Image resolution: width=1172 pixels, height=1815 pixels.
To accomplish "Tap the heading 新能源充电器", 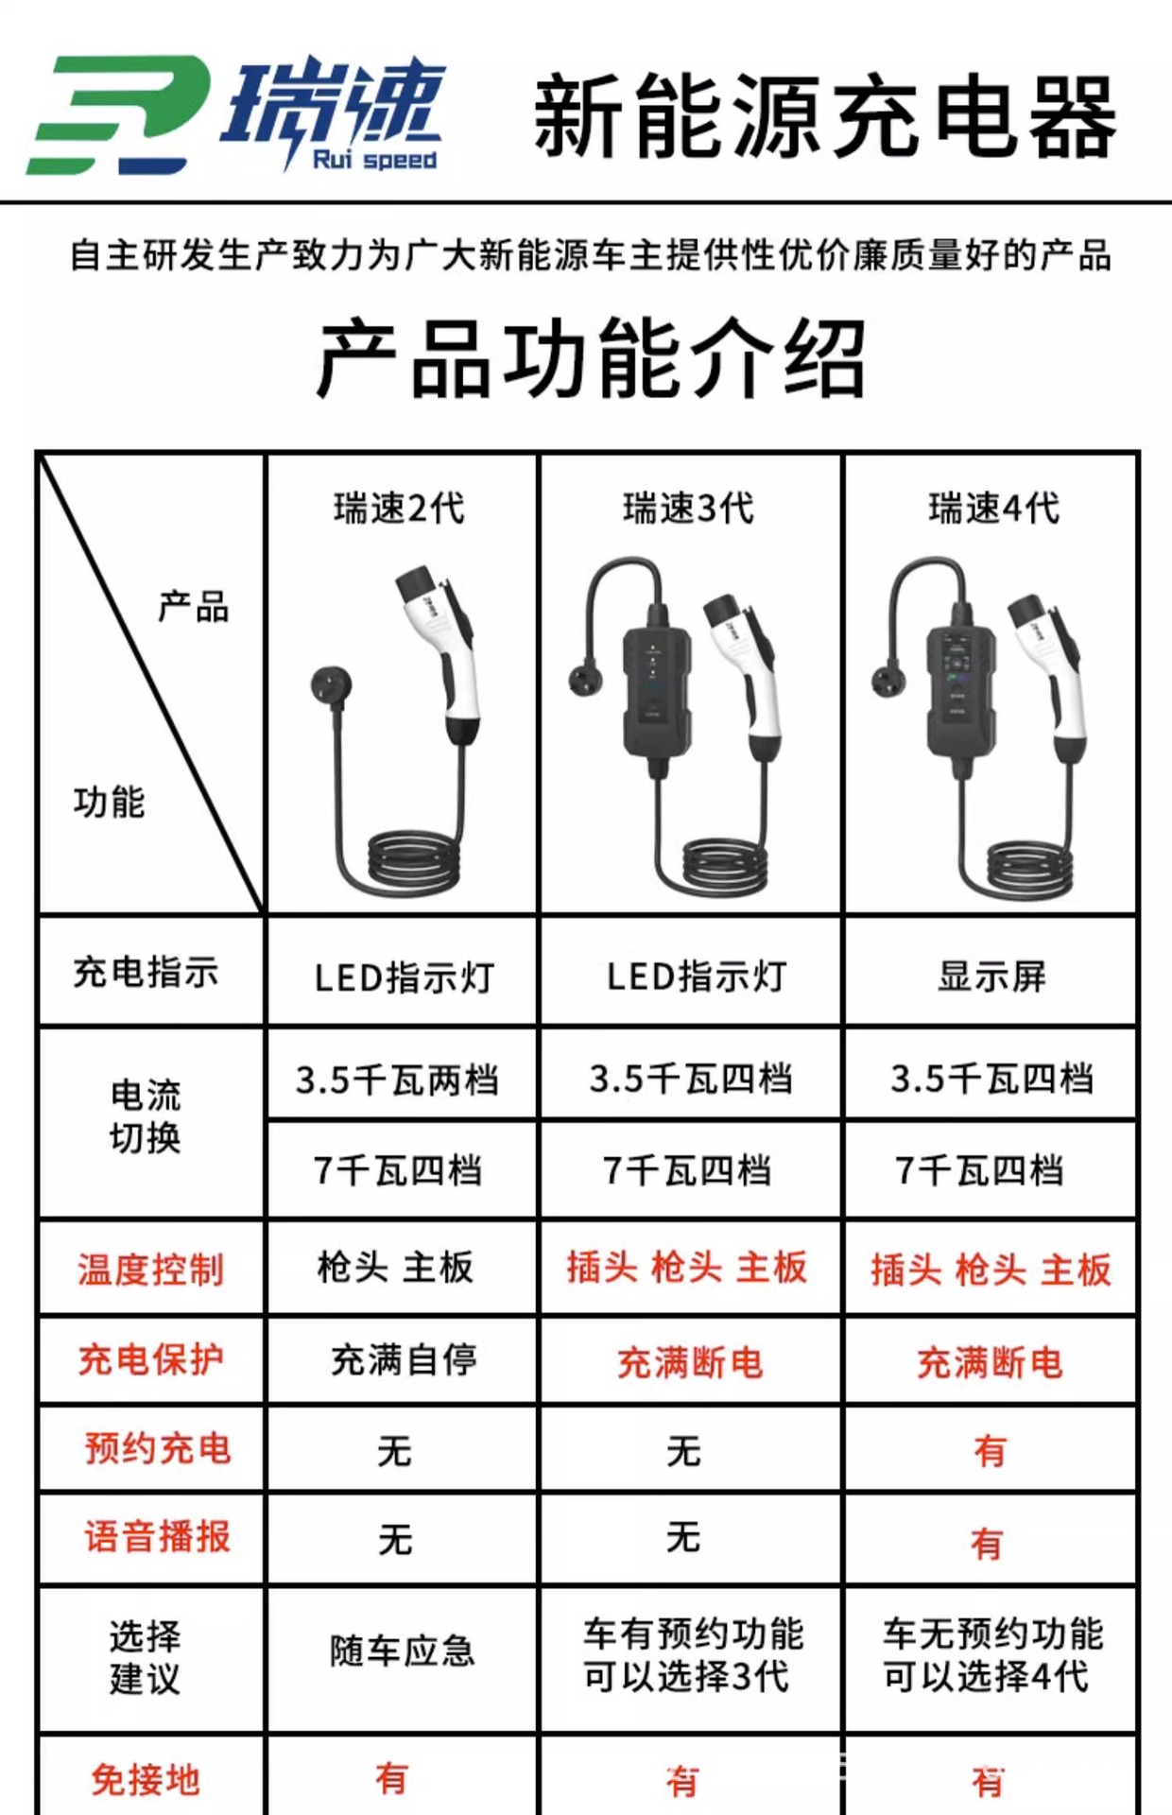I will pyautogui.click(x=824, y=117).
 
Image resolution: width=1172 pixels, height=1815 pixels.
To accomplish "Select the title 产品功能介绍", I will pyautogui.click(x=591, y=358).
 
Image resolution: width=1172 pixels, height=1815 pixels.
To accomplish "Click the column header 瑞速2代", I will pyautogui.click(x=399, y=509).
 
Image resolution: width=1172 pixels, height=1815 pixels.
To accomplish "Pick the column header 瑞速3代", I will pyautogui.click(x=688, y=509).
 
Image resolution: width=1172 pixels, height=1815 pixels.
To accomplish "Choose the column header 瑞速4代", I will pyautogui.click(x=993, y=509).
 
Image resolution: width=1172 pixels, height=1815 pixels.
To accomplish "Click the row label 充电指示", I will pyautogui.click(x=146, y=973).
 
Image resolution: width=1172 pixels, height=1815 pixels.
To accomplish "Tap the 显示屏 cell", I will pyautogui.click(x=991, y=977).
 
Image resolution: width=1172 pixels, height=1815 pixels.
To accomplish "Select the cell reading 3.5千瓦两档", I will pyautogui.click(x=397, y=1080).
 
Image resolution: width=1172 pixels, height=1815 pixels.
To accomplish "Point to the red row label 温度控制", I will pyautogui.click(x=150, y=1270).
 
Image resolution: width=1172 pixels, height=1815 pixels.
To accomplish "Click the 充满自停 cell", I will pyautogui.click(x=404, y=1360).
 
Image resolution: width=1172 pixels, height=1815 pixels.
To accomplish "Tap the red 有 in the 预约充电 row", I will pyautogui.click(x=990, y=1451).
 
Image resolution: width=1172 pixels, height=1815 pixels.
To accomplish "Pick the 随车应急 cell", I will pyautogui.click(x=402, y=1651).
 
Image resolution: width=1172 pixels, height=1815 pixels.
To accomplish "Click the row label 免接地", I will pyautogui.click(x=146, y=1780).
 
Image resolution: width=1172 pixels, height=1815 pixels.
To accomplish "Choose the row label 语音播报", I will pyautogui.click(x=158, y=1537).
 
